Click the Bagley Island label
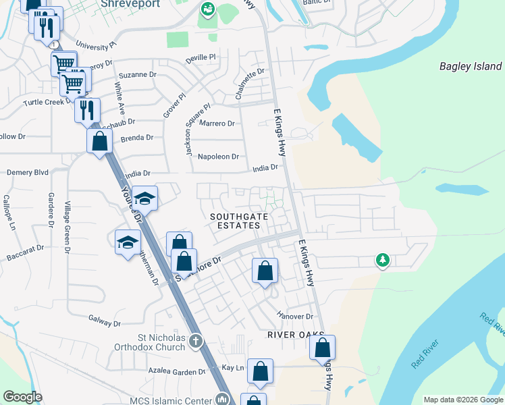471,66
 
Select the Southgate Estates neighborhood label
238,221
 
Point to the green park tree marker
382,261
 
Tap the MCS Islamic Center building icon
221,400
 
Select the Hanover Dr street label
296,316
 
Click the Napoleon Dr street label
218,157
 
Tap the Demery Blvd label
28,173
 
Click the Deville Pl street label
201,59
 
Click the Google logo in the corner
22,397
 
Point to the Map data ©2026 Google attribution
462,400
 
